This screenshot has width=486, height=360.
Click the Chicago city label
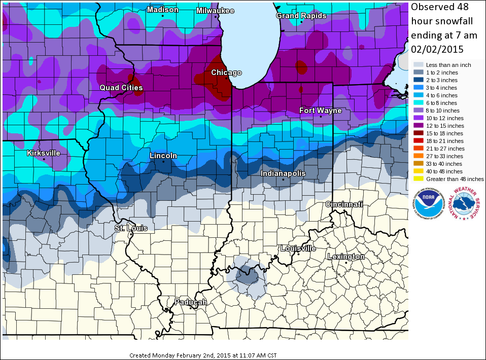226,73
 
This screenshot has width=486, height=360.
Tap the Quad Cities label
121,88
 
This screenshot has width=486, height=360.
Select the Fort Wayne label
320,111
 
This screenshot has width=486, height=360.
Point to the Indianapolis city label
283,173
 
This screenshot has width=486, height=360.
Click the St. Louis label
131,228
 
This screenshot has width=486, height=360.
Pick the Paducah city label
191,302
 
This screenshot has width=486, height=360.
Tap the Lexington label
346,257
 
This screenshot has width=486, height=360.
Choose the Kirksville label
44,153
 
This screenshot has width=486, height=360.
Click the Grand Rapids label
301,16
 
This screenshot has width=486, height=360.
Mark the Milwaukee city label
216,10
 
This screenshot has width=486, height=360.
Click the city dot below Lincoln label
163,162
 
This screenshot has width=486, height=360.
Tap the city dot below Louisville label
298,255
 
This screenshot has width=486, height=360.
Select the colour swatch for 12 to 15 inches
418,126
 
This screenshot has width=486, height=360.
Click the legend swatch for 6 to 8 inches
418,103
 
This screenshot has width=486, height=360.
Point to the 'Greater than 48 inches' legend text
455,179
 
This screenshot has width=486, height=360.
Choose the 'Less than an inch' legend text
448,65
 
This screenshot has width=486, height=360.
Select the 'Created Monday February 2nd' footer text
203,355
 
